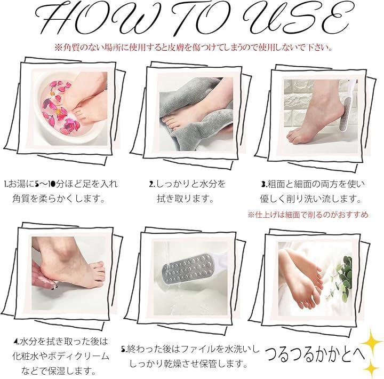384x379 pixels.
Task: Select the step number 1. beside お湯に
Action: (6, 184)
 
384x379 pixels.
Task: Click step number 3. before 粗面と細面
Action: (264, 184)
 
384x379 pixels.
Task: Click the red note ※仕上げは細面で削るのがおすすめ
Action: (308, 215)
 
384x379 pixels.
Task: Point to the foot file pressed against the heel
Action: (348, 108)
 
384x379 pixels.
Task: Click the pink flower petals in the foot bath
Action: (59, 108)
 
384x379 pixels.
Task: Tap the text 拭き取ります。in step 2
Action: (185, 199)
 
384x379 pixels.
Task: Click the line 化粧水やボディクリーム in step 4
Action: (61, 356)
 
